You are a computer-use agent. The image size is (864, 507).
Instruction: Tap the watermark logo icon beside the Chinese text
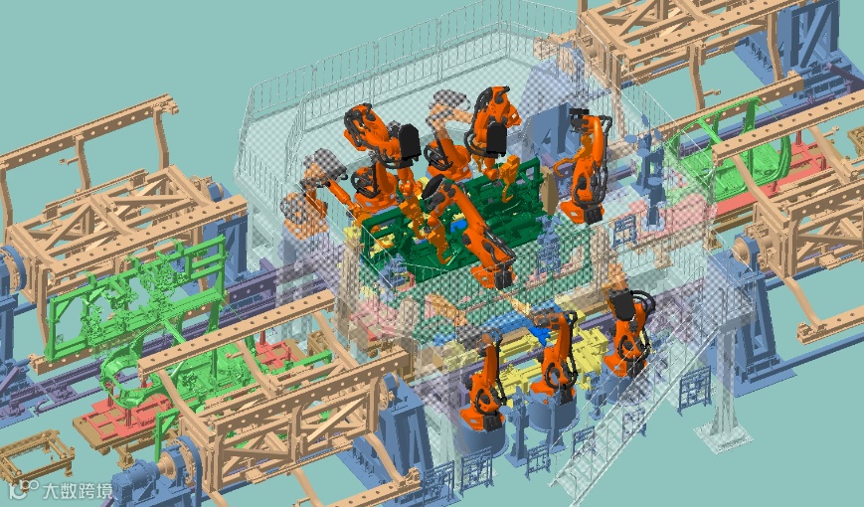(x=25, y=489)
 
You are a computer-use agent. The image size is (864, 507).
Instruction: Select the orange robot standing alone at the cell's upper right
(x=588, y=165)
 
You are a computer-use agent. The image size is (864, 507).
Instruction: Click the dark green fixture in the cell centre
(x=451, y=221)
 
